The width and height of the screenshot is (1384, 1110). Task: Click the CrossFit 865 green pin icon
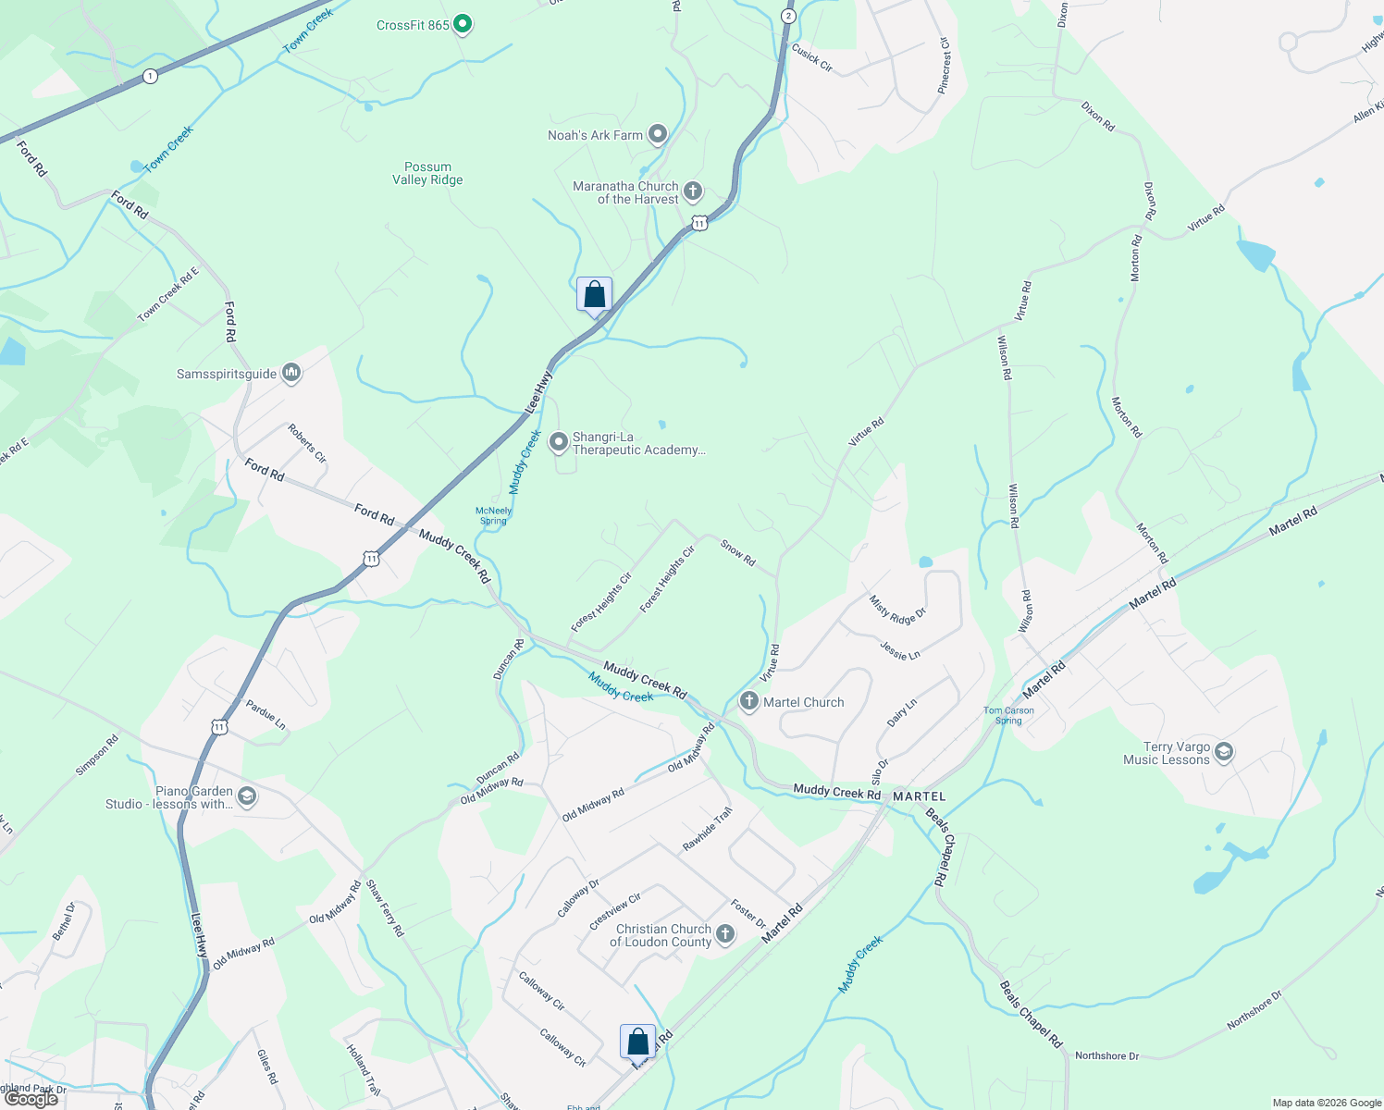click(463, 24)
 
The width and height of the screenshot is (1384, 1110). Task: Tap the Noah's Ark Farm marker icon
click(657, 135)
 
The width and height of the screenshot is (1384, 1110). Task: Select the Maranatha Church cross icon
click(692, 191)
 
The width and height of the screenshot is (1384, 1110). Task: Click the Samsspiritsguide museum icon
click(291, 374)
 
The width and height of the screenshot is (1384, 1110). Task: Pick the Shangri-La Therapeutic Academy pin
click(559, 443)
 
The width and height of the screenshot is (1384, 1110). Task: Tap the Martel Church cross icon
click(748, 702)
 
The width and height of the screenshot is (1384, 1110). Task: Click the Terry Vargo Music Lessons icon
click(1224, 752)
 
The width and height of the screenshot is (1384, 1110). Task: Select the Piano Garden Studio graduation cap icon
click(246, 796)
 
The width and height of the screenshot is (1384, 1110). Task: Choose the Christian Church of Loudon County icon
click(725, 935)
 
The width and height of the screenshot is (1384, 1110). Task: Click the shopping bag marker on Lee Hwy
click(594, 295)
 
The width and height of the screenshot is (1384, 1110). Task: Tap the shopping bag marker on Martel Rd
click(637, 1042)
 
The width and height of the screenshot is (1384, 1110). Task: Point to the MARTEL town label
click(919, 796)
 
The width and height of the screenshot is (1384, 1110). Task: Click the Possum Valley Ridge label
click(427, 174)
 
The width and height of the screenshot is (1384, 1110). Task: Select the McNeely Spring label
click(493, 516)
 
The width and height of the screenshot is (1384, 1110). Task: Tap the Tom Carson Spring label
click(1008, 716)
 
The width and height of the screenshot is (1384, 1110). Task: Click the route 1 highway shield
click(150, 76)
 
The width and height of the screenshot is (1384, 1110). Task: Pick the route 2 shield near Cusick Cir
click(787, 16)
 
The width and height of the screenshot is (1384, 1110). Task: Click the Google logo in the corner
click(31, 1099)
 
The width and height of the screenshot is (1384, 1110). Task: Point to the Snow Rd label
click(737, 553)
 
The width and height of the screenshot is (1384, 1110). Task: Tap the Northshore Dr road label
click(1106, 1055)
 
